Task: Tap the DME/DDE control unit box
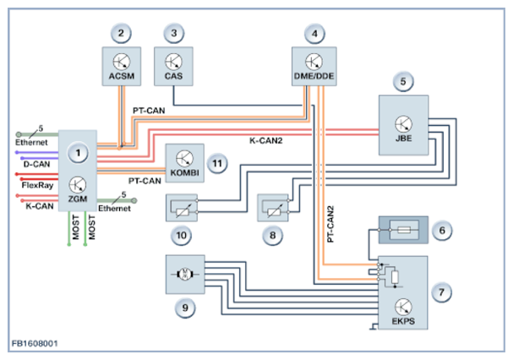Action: (x=314, y=64)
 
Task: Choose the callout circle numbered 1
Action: (x=78, y=153)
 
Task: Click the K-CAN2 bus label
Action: (x=265, y=139)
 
